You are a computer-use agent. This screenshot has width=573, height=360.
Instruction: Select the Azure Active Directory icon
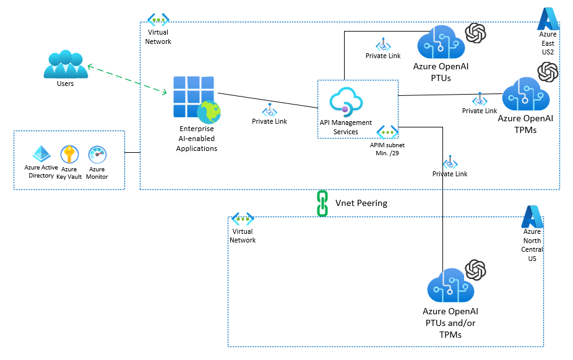(x=41, y=154)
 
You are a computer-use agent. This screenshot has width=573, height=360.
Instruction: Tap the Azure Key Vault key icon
(x=69, y=154)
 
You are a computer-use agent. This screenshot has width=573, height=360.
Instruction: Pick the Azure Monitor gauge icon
(x=97, y=154)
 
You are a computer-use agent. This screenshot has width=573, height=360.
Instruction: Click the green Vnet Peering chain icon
(x=322, y=203)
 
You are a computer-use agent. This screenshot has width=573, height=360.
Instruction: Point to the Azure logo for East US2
(x=548, y=19)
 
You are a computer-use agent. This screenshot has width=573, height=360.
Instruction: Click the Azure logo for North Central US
(x=532, y=216)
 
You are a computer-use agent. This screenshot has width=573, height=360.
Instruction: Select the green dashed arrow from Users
(x=127, y=79)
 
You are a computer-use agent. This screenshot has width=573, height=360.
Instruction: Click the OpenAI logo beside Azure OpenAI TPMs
(x=548, y=72)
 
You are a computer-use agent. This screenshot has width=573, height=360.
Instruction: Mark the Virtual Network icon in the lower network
(x=243, y=219)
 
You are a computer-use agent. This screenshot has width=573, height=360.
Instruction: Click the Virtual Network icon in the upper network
(x=158, y=19)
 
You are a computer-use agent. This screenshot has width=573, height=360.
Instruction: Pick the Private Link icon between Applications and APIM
(x=269, y=111)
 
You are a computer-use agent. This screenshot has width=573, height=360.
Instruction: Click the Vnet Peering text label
(x=361, y=203)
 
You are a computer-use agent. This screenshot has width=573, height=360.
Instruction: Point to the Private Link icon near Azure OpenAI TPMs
(x=480, y=100)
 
